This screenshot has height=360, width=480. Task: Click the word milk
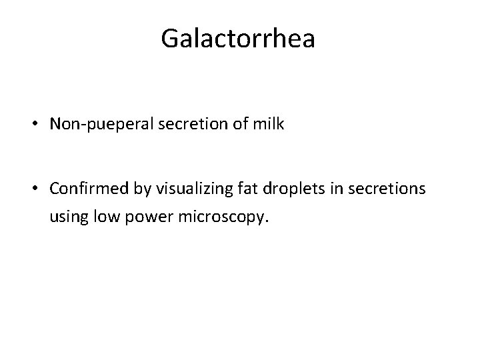(269, 125)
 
